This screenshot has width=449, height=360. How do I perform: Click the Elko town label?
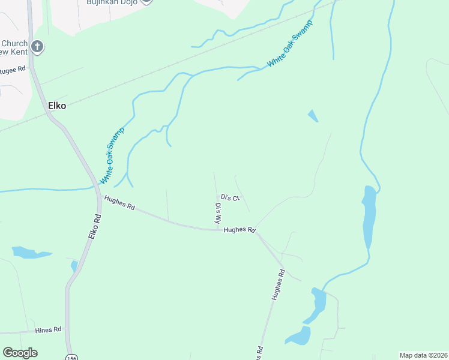pyautogui.click(x=56, y=106)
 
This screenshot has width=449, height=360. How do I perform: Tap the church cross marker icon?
pyautogui.click(x=37, y=47)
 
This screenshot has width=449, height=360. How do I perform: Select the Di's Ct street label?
pyautogui.click(x=230, y=197)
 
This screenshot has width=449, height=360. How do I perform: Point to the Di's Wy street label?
pyautogui.click(x=218, y=214)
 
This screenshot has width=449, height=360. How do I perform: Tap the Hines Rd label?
pyautogui.click(x=49, y=329)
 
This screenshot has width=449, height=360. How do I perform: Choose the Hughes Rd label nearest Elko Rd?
pyautogui.click(x=119, y=203)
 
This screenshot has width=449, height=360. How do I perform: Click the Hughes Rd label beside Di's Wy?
pyautogui.click(x=240, y=230)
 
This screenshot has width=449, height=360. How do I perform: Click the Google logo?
pyautogui.click(x=20, y=353)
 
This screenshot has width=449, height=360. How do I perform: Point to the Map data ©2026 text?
pyautogui.click(x=423, y=355)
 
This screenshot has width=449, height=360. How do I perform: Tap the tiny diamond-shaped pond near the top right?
pyautogui.click(x=313, y=116)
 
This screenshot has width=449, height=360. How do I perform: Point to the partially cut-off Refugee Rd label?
pyautogui.click(x=13, y=69)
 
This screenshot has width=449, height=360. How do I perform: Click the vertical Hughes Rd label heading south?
pyautogui.click(x=277, y=285)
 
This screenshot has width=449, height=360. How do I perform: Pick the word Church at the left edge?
pyautogui.click(x=14, y=43)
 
